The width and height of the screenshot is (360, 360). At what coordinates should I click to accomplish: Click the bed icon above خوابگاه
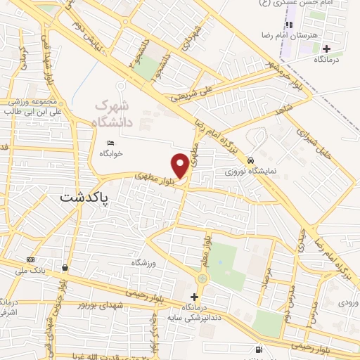point(110,143)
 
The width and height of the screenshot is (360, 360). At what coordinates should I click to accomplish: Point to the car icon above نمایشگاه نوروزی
point(251,160)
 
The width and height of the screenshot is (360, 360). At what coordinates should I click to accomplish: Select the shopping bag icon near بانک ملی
point(65,267)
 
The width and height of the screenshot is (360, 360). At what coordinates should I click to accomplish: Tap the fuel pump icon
point(259,349)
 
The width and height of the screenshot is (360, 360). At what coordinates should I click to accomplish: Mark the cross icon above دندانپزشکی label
point(195,297)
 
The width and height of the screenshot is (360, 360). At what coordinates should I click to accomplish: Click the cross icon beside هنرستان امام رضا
point(326,49)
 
